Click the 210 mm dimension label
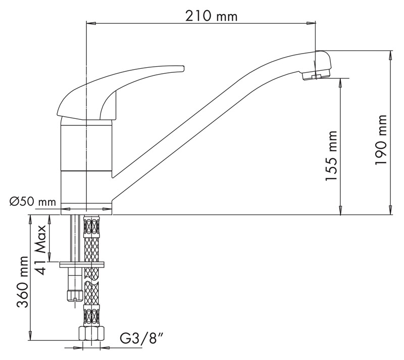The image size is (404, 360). [x=211, y=17]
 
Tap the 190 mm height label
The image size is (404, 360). [x=381, y=140]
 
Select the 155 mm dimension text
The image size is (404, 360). [x=331, y=156]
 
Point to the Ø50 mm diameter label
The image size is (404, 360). [x=33, y=201]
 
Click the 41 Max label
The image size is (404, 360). [x=40, y=250]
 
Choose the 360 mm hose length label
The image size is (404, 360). [x=22, y=282]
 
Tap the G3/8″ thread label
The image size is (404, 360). [x=142, y=338]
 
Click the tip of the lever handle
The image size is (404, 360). [x=184, y=68]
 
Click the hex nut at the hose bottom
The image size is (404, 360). [x=91, y=334]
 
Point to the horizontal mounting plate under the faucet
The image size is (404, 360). [x=82, y=264]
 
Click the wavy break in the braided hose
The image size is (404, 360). [x=91, y=280]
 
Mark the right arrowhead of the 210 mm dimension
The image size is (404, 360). [x=312, y=23]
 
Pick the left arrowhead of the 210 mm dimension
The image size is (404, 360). [x=91, y=23]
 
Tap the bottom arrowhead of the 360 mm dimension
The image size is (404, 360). [x=30, y=336]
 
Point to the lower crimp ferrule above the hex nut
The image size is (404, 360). [x=91, y=315]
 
